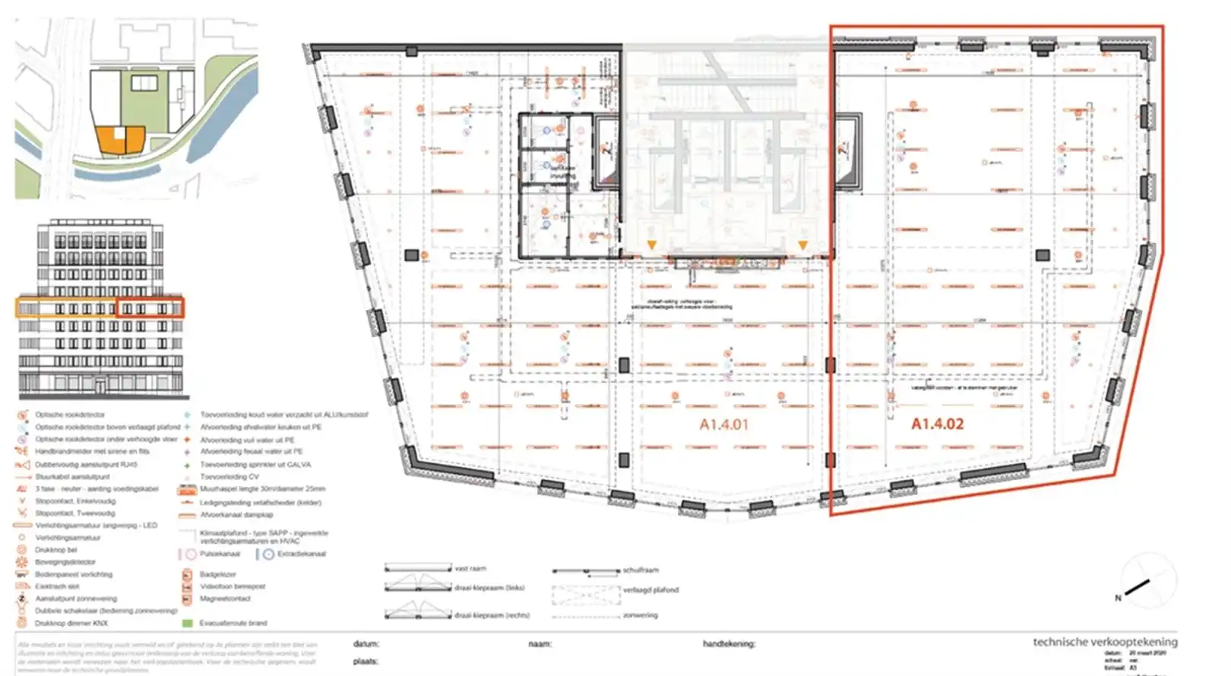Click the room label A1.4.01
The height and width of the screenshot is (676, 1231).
723,425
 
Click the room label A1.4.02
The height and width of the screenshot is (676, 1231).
937,424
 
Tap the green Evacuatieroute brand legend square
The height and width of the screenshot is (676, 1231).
187,623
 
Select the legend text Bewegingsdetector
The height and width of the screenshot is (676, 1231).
65,562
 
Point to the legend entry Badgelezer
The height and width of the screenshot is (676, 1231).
217,574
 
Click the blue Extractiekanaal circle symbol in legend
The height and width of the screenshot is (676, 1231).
268,554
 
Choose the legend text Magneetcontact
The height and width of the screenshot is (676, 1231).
225,599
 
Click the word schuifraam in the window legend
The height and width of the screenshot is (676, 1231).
641,570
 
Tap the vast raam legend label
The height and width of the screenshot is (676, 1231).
470,568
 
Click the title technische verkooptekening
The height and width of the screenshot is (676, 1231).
1105,642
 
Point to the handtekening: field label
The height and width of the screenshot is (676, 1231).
729,644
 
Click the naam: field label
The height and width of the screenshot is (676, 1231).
540,644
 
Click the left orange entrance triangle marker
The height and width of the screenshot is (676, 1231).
651,245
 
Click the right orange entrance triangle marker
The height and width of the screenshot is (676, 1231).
802,245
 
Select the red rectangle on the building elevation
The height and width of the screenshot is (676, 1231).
150,308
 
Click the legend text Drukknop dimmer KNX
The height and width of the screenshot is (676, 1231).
71,623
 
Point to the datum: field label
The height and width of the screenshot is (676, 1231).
366,644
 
